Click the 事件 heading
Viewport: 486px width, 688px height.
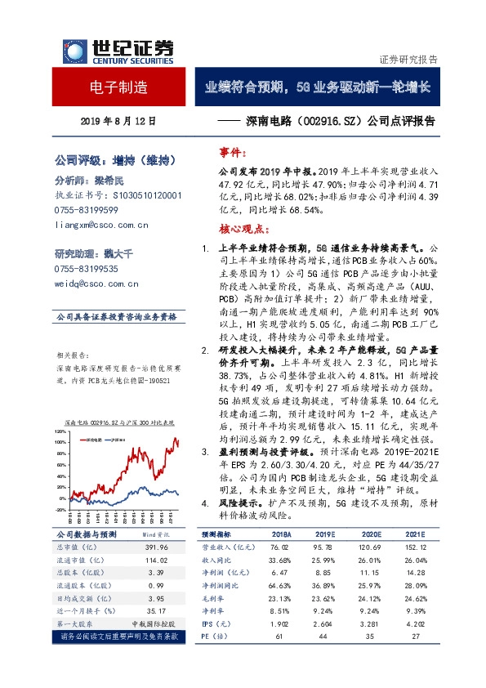coord(233,153)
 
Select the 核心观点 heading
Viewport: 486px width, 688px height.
coord(240,227)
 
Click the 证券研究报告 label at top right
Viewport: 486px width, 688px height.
coord(408,60)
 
